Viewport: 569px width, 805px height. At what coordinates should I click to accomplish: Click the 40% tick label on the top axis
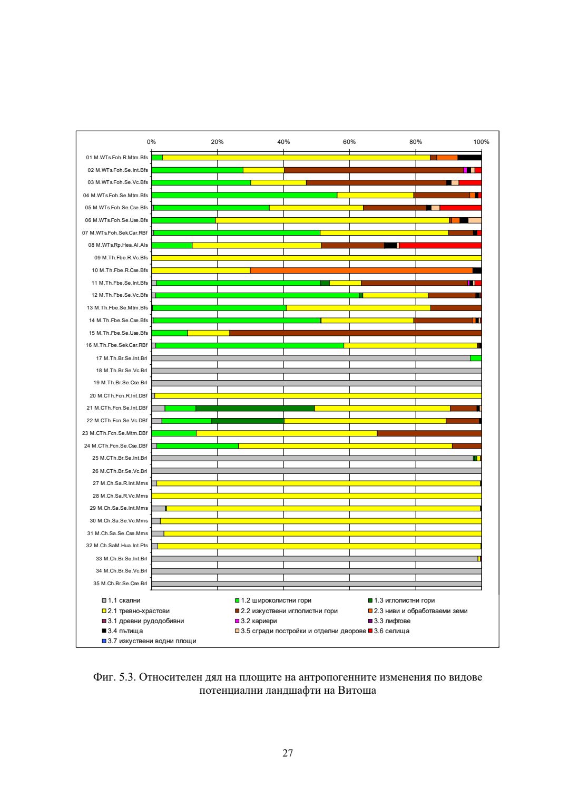pos(283,142)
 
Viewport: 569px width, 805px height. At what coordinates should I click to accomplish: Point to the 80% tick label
pos(415,142)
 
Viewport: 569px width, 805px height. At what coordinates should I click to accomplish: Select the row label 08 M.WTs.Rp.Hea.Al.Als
pos(118,245)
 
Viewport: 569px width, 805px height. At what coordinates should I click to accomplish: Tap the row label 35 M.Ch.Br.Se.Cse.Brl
pos(120,584)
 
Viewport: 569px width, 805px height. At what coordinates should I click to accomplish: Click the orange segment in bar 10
pos(361,270)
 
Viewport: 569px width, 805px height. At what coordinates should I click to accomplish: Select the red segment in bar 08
pos(440,245)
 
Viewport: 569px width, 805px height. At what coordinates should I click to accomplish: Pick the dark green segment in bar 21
pos(255,408)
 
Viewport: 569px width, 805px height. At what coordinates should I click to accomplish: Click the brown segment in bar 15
pos(355,333)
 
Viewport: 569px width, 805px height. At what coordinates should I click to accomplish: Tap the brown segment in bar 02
pos(373,170)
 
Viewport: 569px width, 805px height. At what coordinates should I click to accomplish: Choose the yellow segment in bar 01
pos(296,157)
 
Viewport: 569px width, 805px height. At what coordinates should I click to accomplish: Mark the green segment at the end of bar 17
pos(476,358)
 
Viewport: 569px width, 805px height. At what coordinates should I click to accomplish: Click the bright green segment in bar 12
pos(257,295)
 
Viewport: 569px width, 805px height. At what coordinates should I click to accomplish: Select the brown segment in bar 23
pos(429,433)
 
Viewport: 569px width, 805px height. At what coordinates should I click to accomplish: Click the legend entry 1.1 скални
pos(124,600)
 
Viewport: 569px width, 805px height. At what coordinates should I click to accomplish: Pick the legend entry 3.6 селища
pos(391,631)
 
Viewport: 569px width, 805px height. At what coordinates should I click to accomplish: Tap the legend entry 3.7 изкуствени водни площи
pos(152,641)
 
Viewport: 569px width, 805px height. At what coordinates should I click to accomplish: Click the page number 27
pos(288,753)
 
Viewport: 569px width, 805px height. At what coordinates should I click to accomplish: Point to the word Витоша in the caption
pos(357,691)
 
